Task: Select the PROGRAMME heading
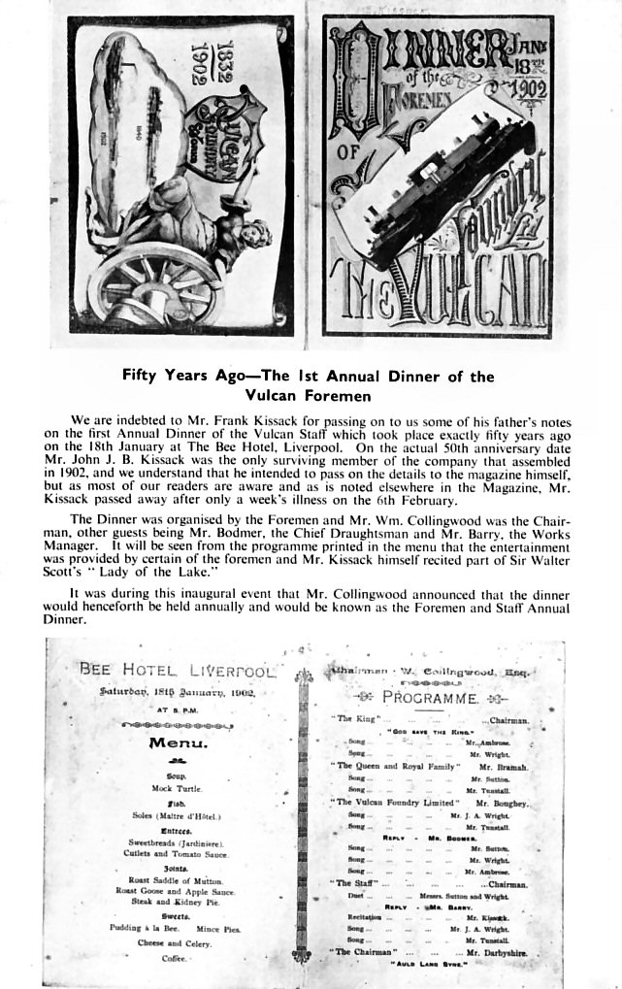tap(428, 698)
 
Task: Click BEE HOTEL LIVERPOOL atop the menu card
tap(179, 670)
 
